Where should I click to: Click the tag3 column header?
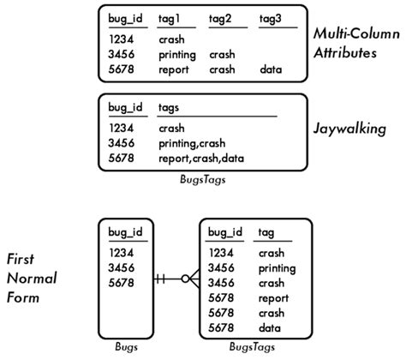pyautogui.click(x=269, y=19)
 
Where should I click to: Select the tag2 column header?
pyautogui.click(x=220, y=19)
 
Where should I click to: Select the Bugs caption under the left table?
pyautogui.click(x=126, y=347)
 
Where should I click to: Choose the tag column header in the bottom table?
pyautogui.click(x=266, y=232)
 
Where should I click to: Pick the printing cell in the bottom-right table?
pyautogui.click(x=274, y=268)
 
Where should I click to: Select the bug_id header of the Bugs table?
pyautogui.click(x=125, y=232)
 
